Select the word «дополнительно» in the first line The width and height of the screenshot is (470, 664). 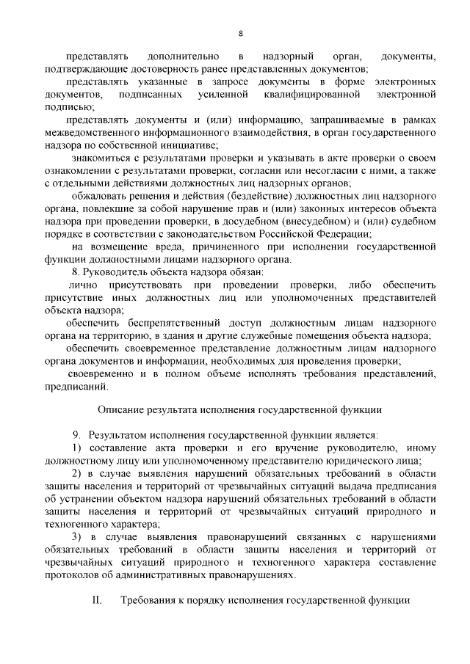point(184,56)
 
